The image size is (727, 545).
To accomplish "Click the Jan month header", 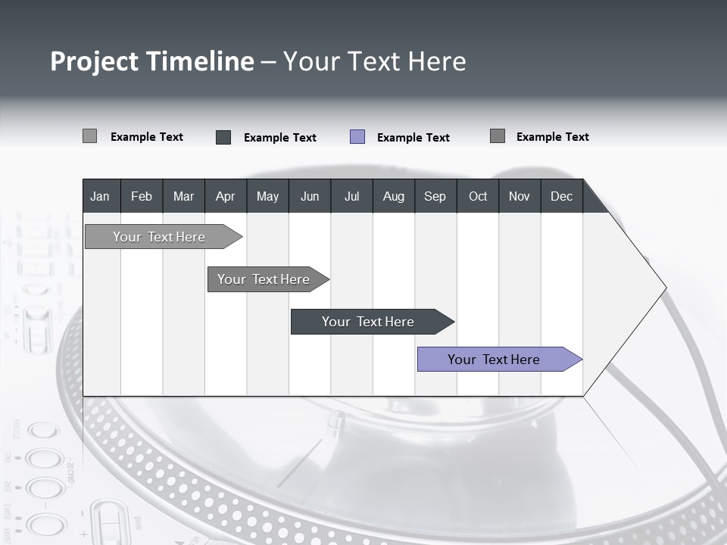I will tap(101, 196).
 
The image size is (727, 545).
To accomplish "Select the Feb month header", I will tap(142, 196).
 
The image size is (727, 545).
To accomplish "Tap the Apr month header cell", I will tap(226, 196).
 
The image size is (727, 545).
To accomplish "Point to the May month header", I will tap(267, 196).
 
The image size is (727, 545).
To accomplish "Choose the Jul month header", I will tap(351, 196).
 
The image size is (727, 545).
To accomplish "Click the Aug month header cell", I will tap(394, 196).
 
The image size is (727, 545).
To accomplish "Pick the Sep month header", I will tap(435, 196).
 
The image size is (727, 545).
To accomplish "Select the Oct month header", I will tap(478, 196).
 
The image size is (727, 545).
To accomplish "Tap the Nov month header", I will tap(520, 196).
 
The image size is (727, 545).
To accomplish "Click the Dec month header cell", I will tap(562, 196).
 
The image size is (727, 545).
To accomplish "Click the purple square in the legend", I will tap(357, 137).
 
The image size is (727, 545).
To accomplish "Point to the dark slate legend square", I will tap(223, 137).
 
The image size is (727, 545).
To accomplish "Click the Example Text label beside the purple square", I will tap(413, 138).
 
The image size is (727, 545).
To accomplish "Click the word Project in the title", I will tap(93, 61).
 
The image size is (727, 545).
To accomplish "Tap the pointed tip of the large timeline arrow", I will tap(665, 288).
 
